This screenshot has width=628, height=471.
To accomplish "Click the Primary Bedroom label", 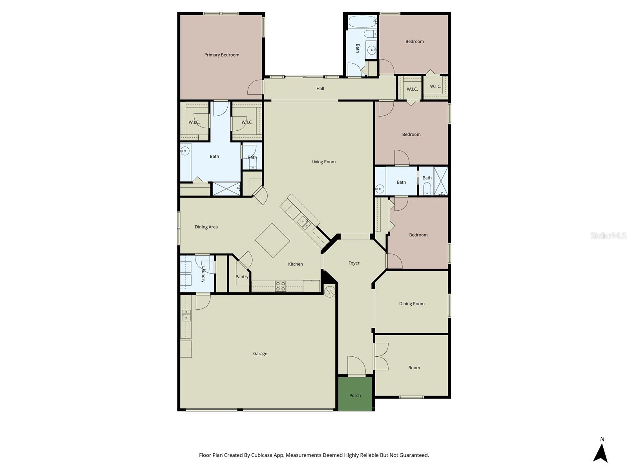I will (x=222, y=55).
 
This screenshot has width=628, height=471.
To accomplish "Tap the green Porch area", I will (x=355, y=394).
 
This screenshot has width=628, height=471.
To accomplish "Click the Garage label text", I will (x=260, y=354).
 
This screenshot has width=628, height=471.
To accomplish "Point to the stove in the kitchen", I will (x=280, y=286).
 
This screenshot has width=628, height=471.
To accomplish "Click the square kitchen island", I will (x=273, y=240).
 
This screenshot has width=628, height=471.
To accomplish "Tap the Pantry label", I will (x=242, y=277).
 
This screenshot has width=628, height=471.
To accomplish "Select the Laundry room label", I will (x=203, y=274).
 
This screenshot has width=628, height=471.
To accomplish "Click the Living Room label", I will (x=323, y=162).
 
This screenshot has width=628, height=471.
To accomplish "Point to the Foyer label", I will (x=354, y=263).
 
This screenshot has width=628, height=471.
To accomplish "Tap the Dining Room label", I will (x=412, y=304).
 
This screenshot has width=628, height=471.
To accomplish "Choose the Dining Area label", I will (x=206, y=227).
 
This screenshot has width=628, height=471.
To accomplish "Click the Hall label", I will (x=320, y=89).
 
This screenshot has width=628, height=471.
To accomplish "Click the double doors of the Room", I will (x=381, y=356).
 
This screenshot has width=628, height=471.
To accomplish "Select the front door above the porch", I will (x=356, y=366).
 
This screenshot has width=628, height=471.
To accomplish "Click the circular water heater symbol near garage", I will (x=330, y=291).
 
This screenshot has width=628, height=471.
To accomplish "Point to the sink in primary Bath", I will (x=185, y=151).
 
